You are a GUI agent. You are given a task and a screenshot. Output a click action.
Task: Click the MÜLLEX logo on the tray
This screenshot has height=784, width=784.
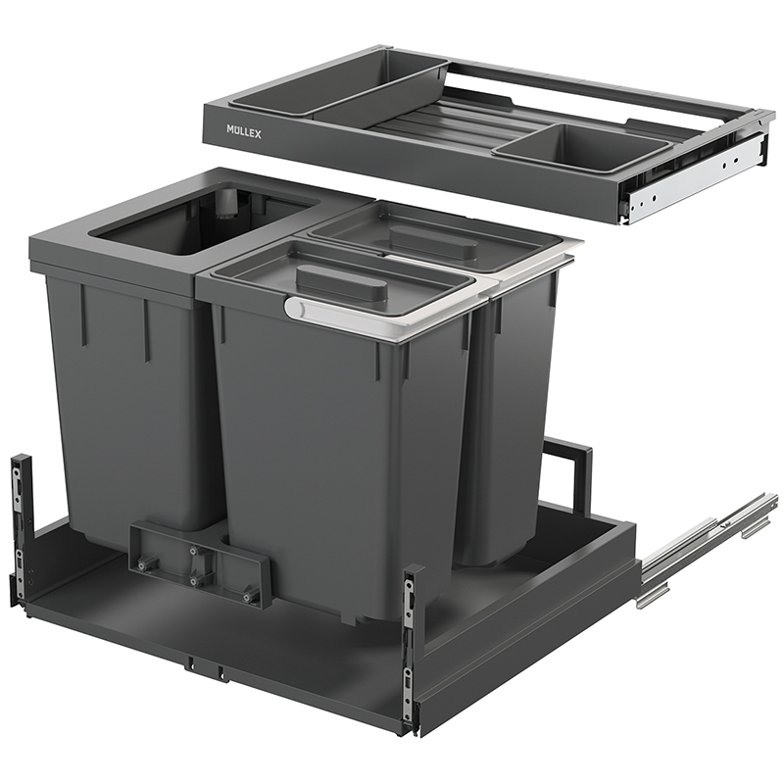pyautogui.click(x=244, y=132)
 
